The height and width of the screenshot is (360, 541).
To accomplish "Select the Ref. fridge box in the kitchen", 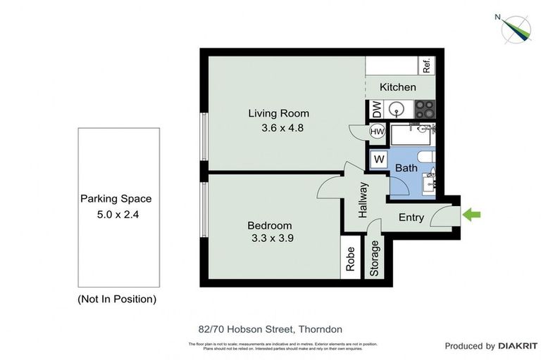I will (x=426, y=66).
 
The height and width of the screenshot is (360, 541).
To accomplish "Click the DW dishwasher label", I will (x=376, y=110).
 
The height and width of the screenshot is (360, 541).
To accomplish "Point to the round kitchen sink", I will (x=397, y=110).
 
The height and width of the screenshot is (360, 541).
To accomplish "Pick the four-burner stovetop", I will (x=424, y=110).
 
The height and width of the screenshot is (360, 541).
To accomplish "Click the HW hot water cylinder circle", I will (x=376, y=131).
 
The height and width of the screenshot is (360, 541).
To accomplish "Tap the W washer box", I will (x=378, y=160).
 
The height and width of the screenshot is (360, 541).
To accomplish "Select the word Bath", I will (x=406, y=168).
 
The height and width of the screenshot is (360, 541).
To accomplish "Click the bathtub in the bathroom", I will (x=412, y=134).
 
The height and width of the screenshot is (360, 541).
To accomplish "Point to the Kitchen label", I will (x=398, y=87).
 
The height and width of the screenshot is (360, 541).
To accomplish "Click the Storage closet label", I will (x=375, y=259).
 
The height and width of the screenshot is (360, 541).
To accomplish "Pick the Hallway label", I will (x=363, y=199).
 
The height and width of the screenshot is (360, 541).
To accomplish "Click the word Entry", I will (x=411, y=217).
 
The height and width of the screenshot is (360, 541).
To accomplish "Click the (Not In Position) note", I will (x=116, y=299).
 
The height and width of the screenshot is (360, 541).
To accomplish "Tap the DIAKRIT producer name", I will (x=518, y=346).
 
